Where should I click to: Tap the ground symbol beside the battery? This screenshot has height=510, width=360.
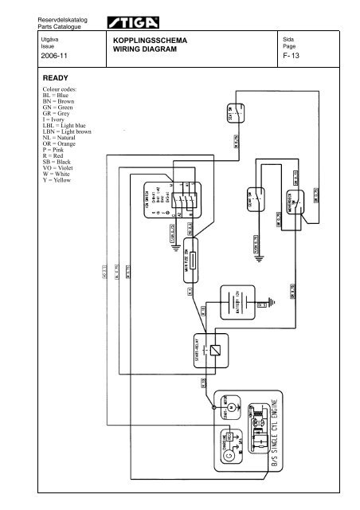tap(272, 303)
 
